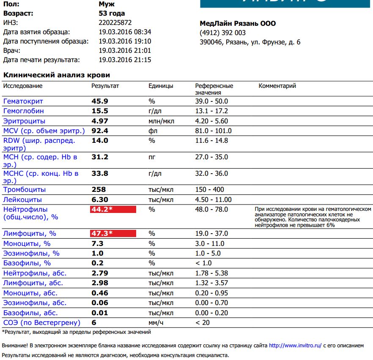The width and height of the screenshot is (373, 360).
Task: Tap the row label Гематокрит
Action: [x=23, y=101]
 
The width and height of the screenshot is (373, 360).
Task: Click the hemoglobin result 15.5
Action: [x=100, y=111]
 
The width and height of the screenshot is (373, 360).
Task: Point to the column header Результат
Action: [x=105, y=86]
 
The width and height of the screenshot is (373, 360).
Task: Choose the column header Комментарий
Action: [x=277, y=86]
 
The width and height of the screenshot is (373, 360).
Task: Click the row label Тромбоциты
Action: [x=25, y=190]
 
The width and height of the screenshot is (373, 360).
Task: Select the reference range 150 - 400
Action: [x=210, y=190]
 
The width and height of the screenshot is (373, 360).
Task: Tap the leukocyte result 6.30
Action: [x=100, y=199]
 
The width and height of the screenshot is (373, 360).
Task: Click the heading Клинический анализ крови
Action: [x=57, y=75]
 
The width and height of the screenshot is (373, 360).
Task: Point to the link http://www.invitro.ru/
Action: [x=295, y=345]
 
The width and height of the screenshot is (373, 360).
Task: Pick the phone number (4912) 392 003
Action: [x=222, y=33]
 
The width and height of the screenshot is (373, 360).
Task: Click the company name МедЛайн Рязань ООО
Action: [x=237, y=24]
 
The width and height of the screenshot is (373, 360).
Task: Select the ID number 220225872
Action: [x=115, y=23]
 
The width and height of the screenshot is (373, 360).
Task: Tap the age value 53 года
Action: [x=112, y=14]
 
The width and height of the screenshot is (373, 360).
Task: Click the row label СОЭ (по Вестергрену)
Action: [x=41, y=323]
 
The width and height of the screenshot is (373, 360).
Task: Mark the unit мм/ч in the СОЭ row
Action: [x=156, y=323]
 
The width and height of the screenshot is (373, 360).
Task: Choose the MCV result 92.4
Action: [x=100, y=131]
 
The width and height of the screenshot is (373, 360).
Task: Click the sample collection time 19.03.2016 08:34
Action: [x=125, y=32]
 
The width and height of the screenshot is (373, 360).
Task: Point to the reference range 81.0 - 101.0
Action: [x=214, y=131]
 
